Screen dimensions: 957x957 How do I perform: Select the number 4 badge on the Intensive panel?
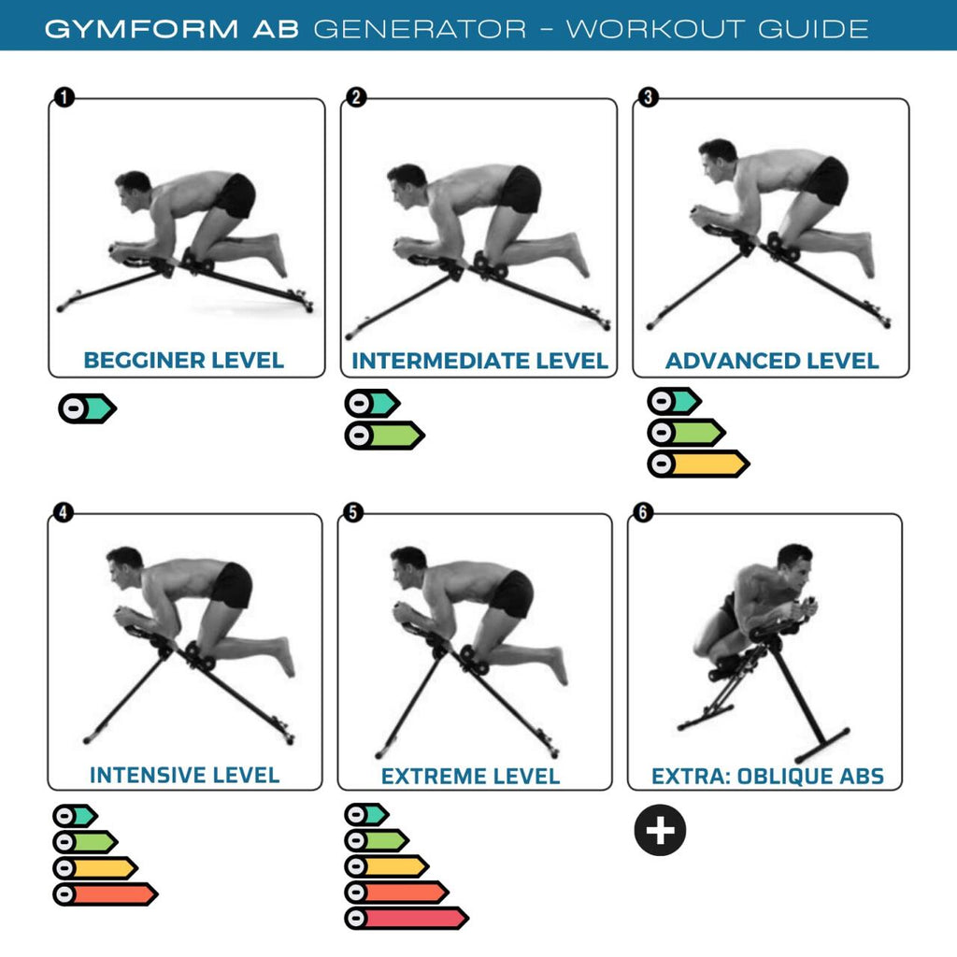pyautogui.click(x=64, y=512)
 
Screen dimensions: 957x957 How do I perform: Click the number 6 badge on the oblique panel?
pyautogui.click(x=643, y=512)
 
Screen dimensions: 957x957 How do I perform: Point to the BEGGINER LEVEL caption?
pyautogui.click(x=184, y=360)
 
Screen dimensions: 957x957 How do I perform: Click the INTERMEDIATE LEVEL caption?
pyautogui.click(x=479, y=360)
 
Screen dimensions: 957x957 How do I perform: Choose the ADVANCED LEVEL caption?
pyautogui.click(x=772, y=360)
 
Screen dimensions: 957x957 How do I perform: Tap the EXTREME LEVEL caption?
pyautogui.click(x=470, y=776)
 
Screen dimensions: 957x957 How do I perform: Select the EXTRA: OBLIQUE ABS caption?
pyautogui.click(x=767, y=776)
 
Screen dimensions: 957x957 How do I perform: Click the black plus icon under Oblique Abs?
pyautogui.click(x=661, y=831)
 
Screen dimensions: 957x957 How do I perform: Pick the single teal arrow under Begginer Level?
pyautogui.click(x=87, y=408)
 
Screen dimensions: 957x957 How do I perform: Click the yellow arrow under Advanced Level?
pyautogui.click(x=698, y=464)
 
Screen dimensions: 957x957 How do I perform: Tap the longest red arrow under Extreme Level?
pyautogui.click(x=406, y=918)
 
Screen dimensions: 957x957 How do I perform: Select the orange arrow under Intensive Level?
pyautogui.click(x=105, y=894)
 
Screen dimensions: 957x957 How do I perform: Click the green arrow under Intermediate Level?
pyautogui.click(x=384, y=435)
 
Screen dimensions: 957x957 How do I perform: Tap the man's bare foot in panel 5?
pyautogui.click(x=558, y=665)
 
